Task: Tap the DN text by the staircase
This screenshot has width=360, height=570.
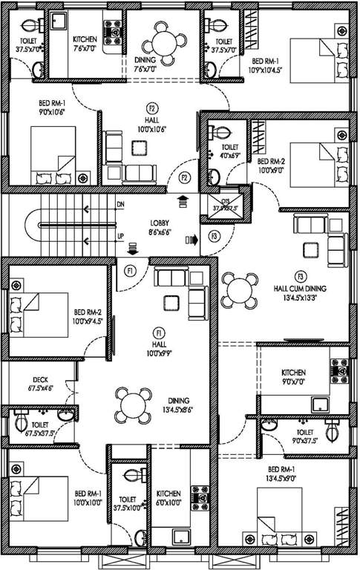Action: tap(120, 204)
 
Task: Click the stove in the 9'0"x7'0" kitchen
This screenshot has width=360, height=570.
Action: tap(339, 367)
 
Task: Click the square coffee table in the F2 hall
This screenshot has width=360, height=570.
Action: tap(138, 146)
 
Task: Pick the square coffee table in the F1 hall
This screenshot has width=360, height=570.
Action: tap(171, 301)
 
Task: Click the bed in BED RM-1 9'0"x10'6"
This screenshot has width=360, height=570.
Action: tap(53, 155)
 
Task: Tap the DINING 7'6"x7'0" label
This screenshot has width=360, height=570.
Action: tap(144, 66)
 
